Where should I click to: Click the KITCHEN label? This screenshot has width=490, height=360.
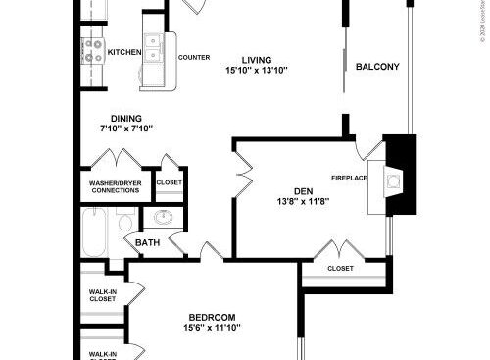coord(123,52)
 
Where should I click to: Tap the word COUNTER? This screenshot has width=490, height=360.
coord(193,57)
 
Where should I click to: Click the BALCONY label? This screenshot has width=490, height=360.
coord(377,67)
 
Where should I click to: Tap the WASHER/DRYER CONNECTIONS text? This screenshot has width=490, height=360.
coord(115,186)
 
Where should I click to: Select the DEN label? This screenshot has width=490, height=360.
coord(302,191)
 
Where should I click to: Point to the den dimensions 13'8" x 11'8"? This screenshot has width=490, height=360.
coord(302,203)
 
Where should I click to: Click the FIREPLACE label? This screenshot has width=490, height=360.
coord(349,178)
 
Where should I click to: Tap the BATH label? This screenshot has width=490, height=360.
coord(147,243)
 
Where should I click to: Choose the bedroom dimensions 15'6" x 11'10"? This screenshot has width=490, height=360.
coord(212,329)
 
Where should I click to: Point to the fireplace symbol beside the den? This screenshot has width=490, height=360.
coord(394,180)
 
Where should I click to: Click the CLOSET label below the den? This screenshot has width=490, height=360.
coord(340,268)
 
